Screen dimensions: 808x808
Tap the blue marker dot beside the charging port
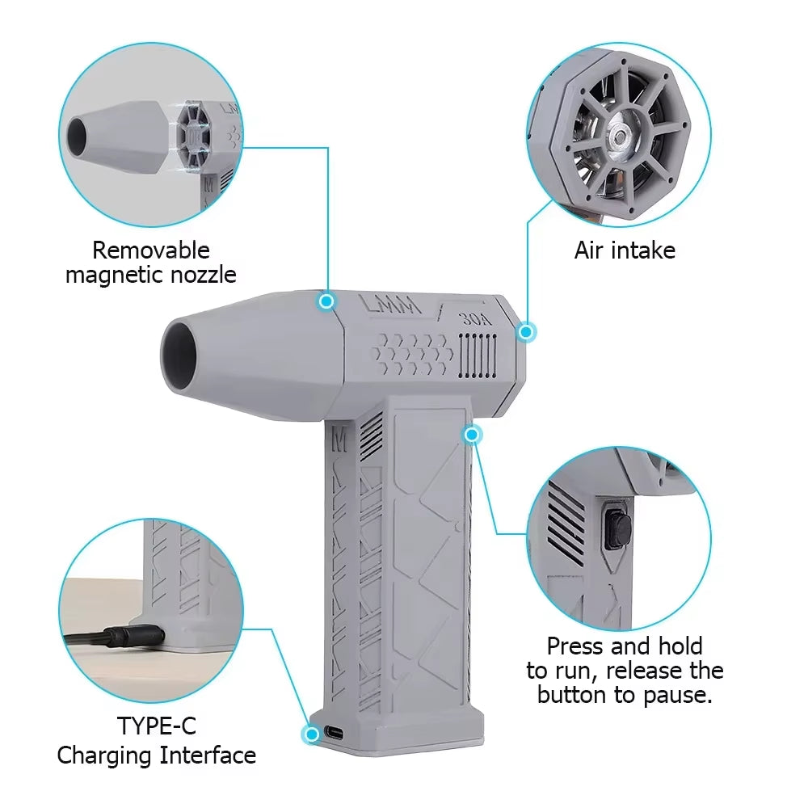311,734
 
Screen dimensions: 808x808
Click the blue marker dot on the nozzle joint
326,301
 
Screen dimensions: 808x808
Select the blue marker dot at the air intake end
526,331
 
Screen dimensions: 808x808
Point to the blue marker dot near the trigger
473,435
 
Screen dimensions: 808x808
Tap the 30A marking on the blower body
476,318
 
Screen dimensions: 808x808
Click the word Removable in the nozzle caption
150,250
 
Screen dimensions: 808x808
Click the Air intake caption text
625,250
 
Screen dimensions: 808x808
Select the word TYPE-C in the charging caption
156,726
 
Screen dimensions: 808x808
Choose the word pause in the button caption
678,695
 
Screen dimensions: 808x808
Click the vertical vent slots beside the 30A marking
477,356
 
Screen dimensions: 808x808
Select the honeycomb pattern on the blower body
412,354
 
